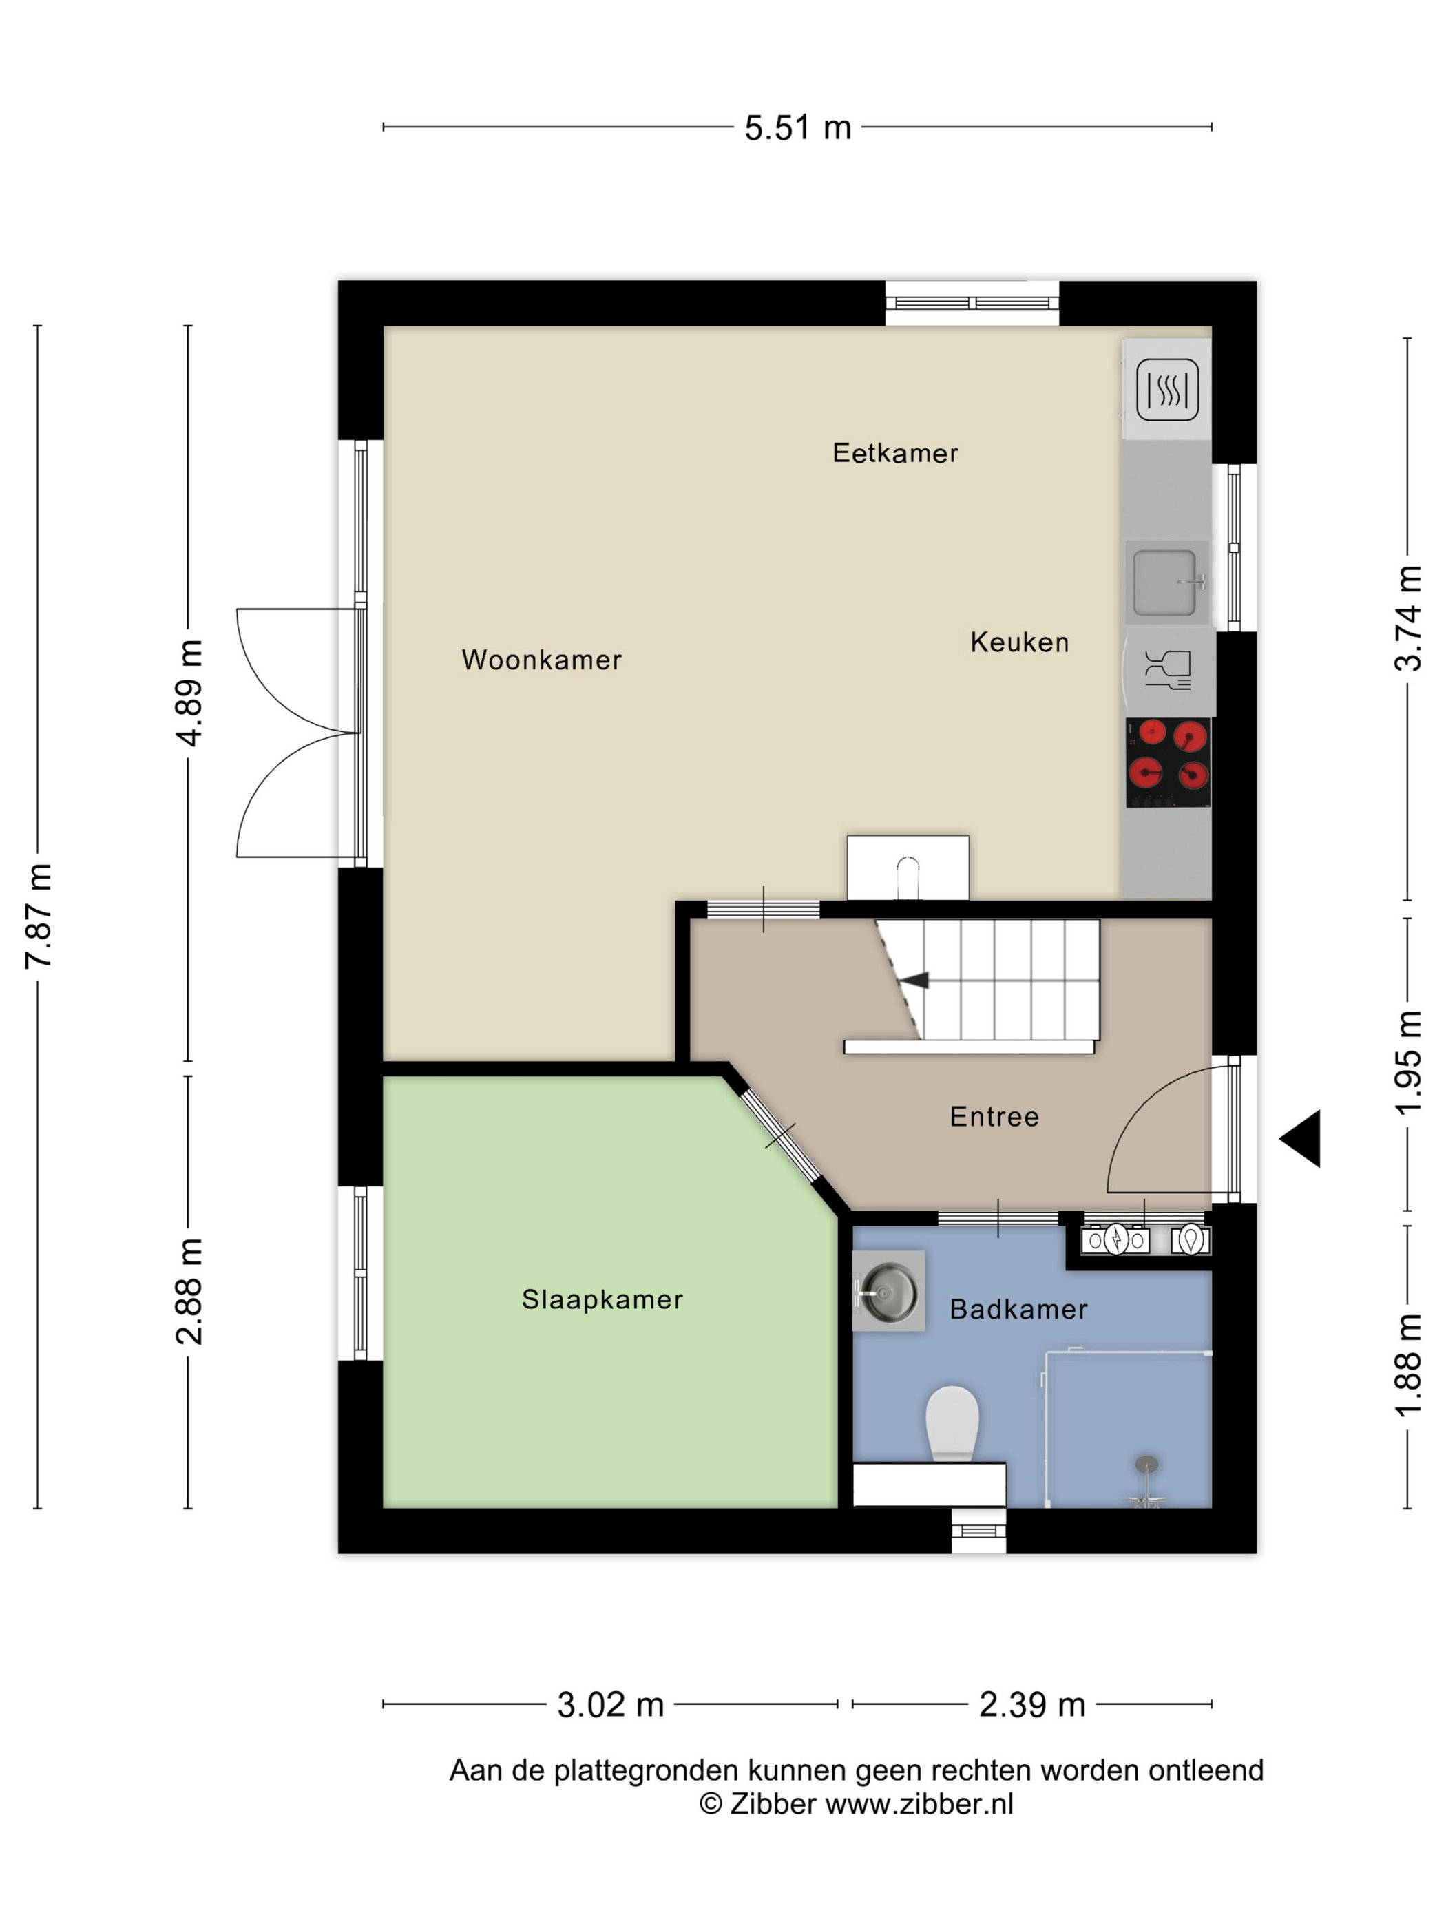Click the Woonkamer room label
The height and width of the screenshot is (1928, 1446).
[541, 659]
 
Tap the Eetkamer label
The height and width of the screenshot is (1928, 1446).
[895, 452]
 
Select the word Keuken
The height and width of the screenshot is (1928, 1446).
[1019, 642]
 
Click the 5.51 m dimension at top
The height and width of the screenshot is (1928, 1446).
[797, 127]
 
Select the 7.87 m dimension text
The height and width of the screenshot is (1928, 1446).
[39, 915]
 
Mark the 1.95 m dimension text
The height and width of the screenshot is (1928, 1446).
[1409, 1062]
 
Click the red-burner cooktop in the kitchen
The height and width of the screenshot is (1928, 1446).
[1168, 763]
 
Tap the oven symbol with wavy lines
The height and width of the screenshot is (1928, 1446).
[1167, 389]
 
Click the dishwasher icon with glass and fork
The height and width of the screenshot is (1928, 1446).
[1168, 669]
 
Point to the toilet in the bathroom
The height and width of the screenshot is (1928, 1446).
[952, 1423]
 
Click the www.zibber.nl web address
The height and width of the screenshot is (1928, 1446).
[919, 1803]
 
